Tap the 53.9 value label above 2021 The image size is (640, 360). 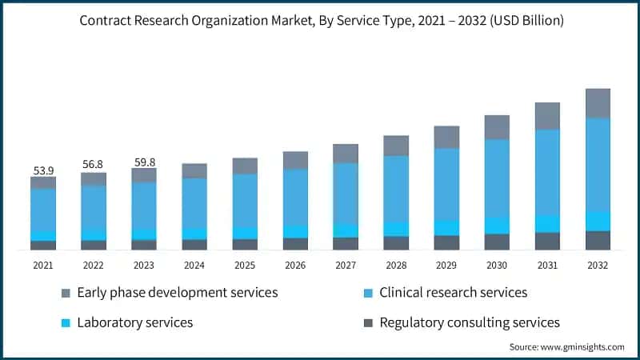coord(43,170)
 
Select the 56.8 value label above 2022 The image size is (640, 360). coord(94,165)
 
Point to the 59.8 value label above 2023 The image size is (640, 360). coord(144,162)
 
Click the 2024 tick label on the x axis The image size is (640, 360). coord(194,266)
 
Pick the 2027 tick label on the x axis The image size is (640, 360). coord(346,266)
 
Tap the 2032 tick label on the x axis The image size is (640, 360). coord(598,266)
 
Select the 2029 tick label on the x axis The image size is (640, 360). coord(446,266)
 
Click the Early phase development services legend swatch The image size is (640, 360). coord(66,293)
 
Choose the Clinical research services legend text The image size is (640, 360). coord(454,293)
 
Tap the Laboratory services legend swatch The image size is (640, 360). coord(66,323)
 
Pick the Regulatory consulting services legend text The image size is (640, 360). coord(469,323)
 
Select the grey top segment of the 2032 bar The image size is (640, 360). coord(598,103)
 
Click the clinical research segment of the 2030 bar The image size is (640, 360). coord(497,178)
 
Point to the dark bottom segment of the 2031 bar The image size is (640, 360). coord(547,241)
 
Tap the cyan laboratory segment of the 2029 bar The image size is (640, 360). coord(446,228)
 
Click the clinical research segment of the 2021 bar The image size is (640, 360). coord(43,210)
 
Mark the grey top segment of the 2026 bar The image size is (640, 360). coord(295,160)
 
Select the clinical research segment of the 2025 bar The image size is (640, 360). coord(245,200)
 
